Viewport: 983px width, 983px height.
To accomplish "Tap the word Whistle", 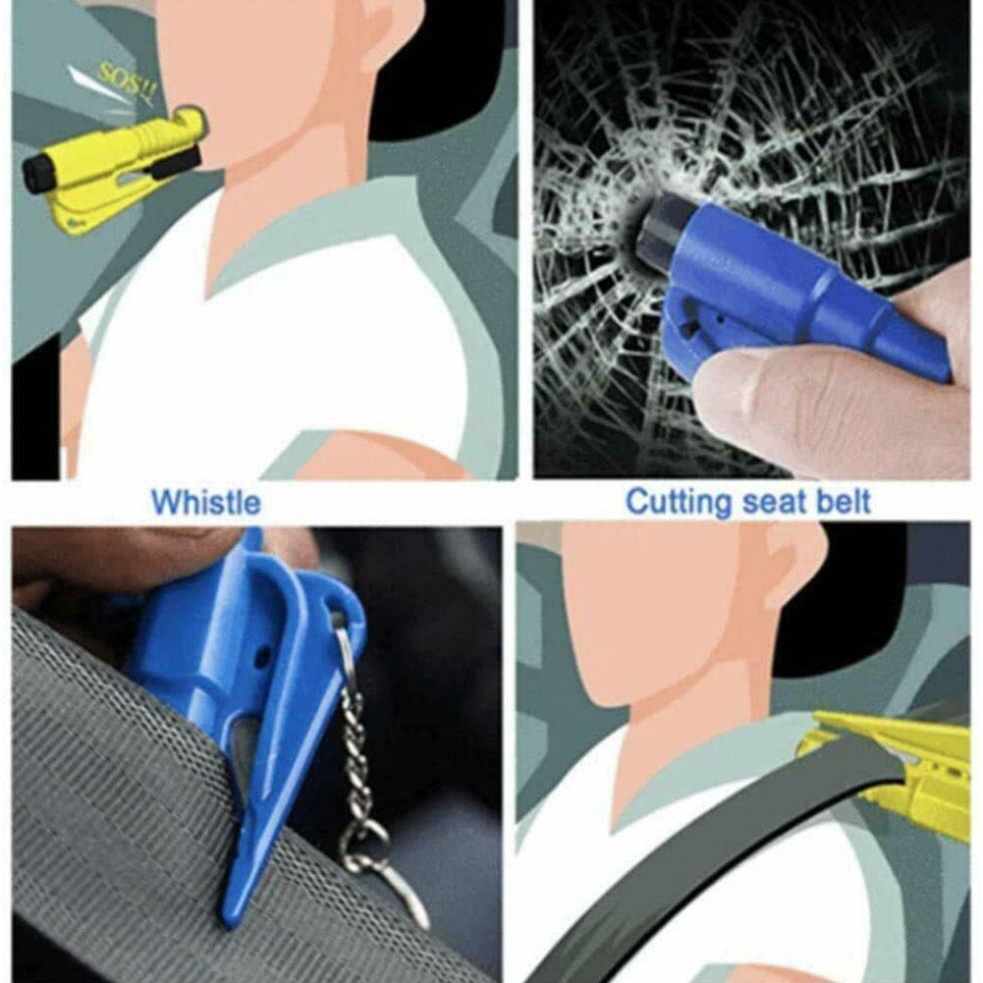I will tap(205, 504).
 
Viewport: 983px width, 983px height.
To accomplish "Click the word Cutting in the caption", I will tap(679, 504).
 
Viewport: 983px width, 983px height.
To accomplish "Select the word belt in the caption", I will tap(842, 504).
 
